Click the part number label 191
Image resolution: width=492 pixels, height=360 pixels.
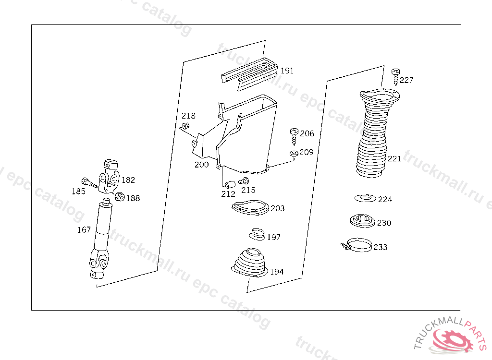tap(287, 71)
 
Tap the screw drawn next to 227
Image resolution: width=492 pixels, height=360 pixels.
tap(396, 77)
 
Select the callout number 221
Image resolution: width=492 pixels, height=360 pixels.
tap(394, 159)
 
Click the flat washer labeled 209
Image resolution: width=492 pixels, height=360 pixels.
tap(294, 153)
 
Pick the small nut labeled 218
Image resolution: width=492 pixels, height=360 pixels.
tap(185, 126)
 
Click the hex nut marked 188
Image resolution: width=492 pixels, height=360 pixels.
tap(120, 197)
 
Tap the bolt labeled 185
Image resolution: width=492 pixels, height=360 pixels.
tap(89, 183)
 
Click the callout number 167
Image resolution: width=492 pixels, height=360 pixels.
tap(84, 230)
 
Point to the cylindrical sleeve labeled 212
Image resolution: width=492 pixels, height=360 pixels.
tap(230, 184)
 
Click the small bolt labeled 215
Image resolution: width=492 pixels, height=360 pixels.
tap(244, 181)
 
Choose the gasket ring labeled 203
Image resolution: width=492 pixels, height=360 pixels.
tap(250, 207)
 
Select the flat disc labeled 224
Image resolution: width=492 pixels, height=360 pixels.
tap(365, 198)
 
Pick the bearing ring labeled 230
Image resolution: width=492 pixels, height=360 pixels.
tap(362, 221)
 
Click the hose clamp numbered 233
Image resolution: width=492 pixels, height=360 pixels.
tap(357, 245)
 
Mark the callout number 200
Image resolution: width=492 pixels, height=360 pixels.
tap(201, 165)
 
